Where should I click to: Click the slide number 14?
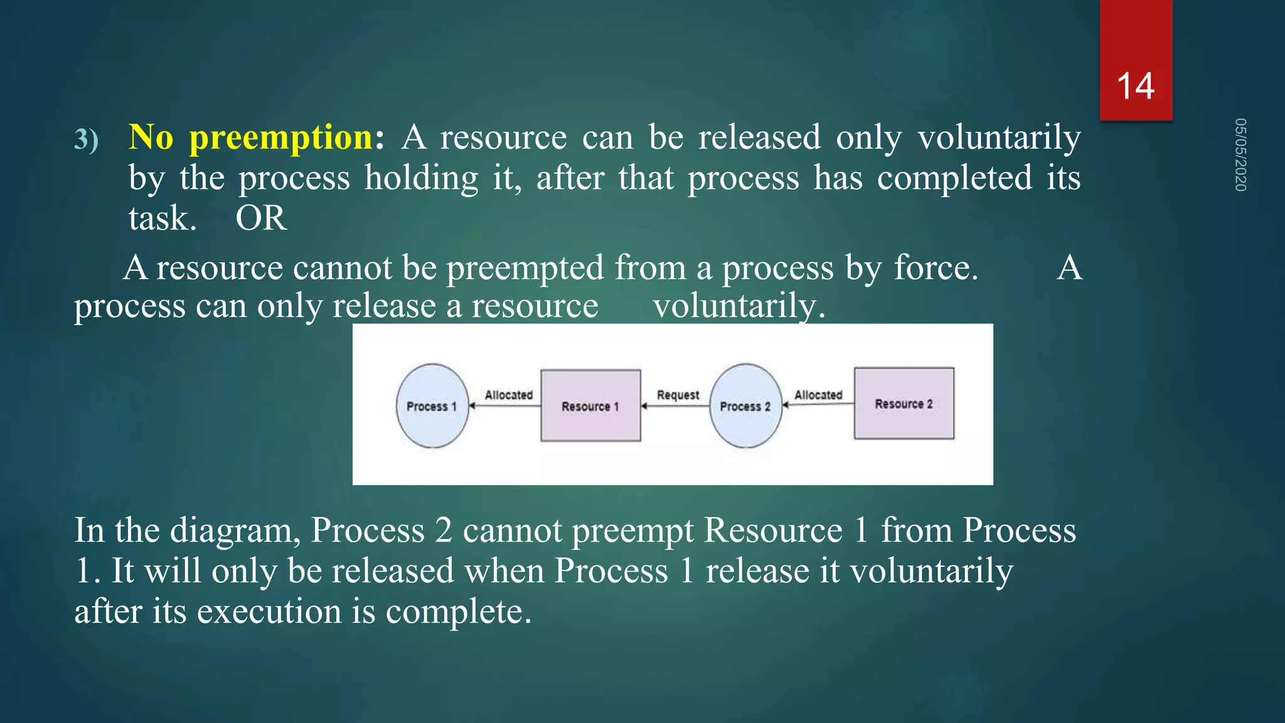tap(1135, 86)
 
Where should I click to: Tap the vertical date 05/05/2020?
tap(1240, 154)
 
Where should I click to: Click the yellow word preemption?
tap(281, 137)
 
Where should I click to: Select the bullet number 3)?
tap(87, 139)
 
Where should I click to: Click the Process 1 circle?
tap(432, 406)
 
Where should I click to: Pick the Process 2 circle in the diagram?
tap(745, 406)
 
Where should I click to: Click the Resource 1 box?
tap(590, 406)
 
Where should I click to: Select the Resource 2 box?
tap(904, 404)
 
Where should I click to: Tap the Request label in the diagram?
tap(678, 395)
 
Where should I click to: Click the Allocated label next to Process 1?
tap(508, 395)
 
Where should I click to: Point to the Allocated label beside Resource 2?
tap(818, 395)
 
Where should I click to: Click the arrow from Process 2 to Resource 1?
tap(675, 406)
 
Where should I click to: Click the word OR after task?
tap(261, 218)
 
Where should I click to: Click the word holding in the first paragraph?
tap(422, 178)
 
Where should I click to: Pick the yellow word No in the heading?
tap(151, 137)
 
